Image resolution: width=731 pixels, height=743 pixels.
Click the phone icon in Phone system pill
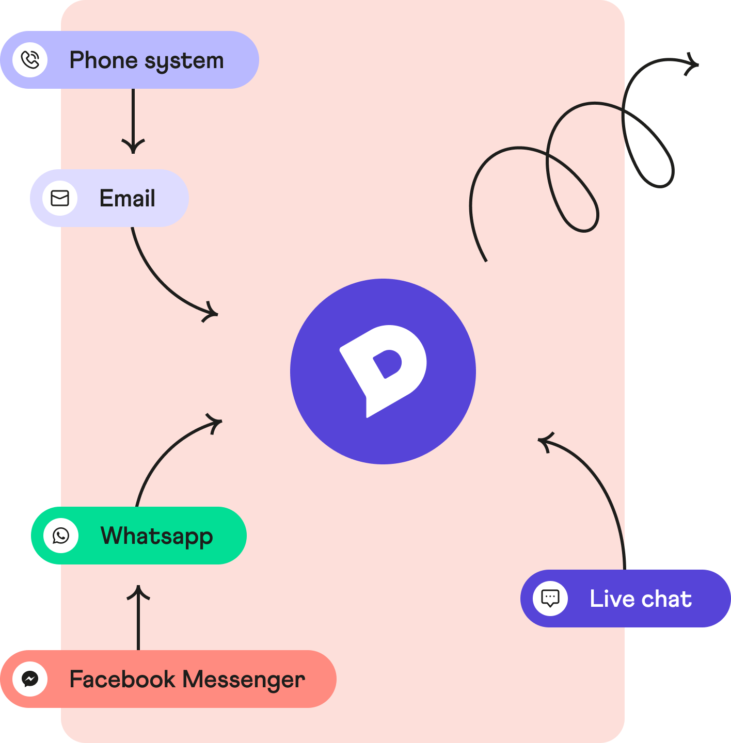click(30, 60)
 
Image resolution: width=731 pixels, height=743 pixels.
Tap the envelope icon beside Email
click(60, 198)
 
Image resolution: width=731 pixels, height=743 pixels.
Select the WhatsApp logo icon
click(61, 536)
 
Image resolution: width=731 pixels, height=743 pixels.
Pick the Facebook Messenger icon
click(30, 679)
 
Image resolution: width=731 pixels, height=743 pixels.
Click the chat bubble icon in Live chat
click(550, 599)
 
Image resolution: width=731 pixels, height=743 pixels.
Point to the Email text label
click(127, 198)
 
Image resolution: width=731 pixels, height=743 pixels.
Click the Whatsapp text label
click(156, 536)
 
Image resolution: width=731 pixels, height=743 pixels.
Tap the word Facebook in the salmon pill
click(122, 679)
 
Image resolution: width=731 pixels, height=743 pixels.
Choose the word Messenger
click(244, 680)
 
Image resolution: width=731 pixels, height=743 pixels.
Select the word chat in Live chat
click(666, 599)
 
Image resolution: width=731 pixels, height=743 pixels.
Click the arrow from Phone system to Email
click(133, 121)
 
